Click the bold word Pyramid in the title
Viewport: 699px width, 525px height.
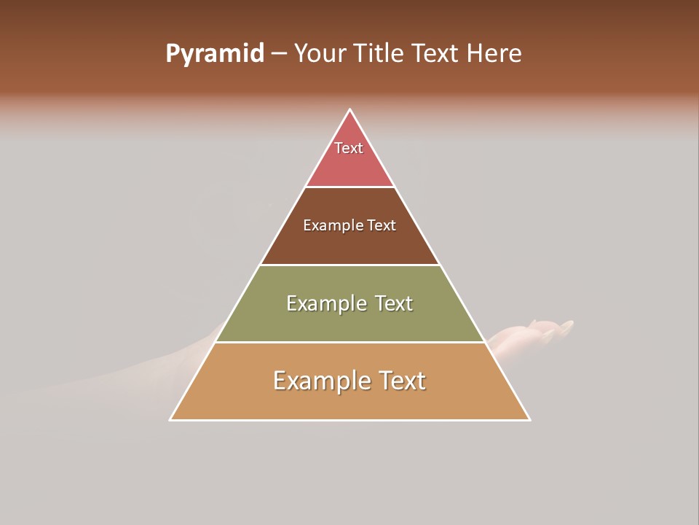tap(214, 54)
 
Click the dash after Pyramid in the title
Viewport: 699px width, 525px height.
tap(279, 54)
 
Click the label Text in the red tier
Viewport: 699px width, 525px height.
tap(349, 148)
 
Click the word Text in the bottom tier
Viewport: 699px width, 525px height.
tap(401, 381)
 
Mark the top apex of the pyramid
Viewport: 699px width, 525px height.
tap(350, 110)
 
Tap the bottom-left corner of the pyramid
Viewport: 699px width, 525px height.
tap(171, 419)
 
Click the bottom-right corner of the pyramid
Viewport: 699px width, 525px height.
tap(529, 419)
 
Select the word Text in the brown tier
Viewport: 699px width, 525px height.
tap(382, 226)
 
